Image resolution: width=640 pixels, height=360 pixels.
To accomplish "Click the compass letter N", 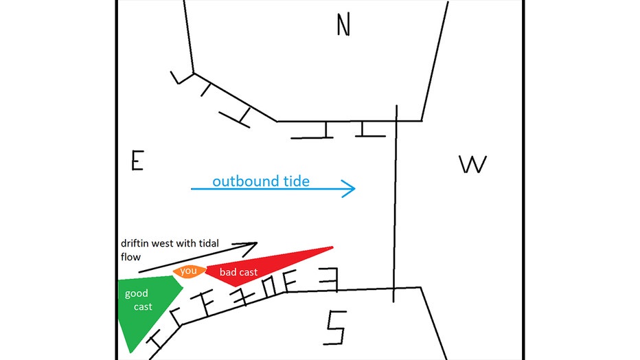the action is [343, 25].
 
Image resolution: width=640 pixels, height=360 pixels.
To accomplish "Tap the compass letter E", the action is [137, 160].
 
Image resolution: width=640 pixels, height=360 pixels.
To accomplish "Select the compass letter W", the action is [472, 164].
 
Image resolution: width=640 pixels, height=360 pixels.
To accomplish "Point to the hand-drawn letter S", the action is [335, 328].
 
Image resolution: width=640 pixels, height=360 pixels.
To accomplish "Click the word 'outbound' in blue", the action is [241, 181].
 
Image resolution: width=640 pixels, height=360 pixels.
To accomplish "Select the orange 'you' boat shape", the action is [189, 271].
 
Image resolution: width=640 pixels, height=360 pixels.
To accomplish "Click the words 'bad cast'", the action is [238, 272].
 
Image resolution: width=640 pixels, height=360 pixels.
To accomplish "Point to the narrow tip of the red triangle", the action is [332, 247].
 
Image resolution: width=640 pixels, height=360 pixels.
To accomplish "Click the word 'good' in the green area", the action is [137, 293].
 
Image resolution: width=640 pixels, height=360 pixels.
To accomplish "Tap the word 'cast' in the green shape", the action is [143, 306].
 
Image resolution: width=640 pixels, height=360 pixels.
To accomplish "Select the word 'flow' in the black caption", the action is [130, 257].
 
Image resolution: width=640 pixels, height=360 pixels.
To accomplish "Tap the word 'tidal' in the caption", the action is [209, 243].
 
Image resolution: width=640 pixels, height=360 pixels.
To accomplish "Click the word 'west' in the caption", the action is [161, 244].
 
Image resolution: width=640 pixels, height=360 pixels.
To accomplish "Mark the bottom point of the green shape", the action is [130, 352].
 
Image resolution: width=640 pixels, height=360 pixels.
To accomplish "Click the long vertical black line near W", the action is [395, 203].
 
